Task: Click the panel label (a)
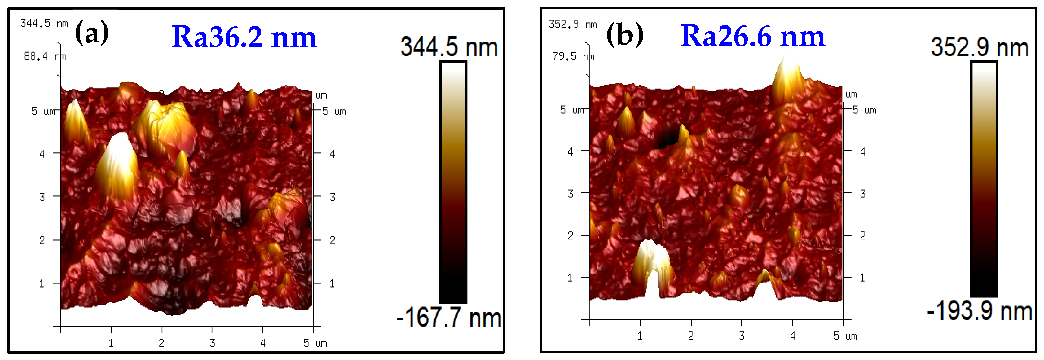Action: (92, 33)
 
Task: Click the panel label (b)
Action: (624, 34)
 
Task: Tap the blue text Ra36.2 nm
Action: (244, 37)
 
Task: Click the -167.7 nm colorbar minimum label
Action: (449, 317)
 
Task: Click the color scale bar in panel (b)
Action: (984, 178)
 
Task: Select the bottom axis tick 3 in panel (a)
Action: (212, 343)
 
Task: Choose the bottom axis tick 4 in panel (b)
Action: (793, 336)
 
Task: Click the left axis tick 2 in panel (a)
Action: (42, 240)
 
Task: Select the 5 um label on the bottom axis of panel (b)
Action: (845, 336)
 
